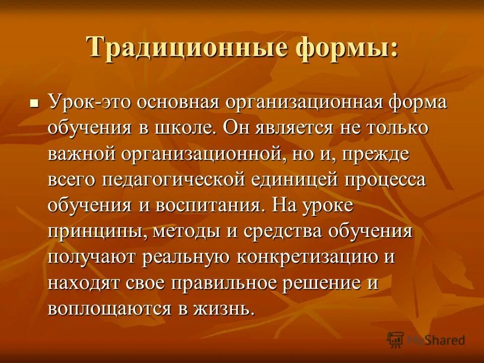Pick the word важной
point(82,154)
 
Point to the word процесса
point(386,180)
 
